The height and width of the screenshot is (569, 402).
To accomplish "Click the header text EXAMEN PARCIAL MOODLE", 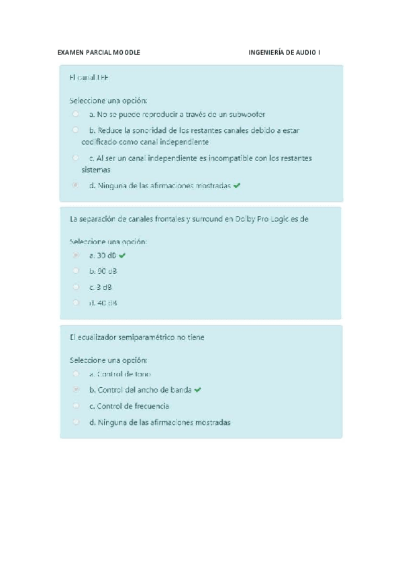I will pyautogui.click(x=99, y=52).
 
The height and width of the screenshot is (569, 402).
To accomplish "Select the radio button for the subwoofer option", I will pyautogui.click(x=76, y=114).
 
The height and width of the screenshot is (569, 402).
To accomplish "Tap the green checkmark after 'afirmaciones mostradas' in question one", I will pyautogui.click(x=237, y=185).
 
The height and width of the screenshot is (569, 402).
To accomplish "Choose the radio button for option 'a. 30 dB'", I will pyautogui.click(x=76, y=256).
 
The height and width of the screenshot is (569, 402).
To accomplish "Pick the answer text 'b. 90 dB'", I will pyautogui.click(x=103, y=271).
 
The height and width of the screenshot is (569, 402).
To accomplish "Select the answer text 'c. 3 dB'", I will pyautogui.click(x=101, y=287).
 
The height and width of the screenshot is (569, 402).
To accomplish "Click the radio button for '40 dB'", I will pyautogui.click(x=76, y=303).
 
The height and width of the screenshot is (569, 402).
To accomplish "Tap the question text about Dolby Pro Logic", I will pyautogui.click(x=189, y=219).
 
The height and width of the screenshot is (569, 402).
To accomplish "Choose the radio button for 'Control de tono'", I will pyautogui.click(x=76, y=374).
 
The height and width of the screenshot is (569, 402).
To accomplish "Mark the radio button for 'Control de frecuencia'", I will pyautogui.click(x=76, y=406).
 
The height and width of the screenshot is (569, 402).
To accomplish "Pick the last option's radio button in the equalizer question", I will pyautogui.click(x=76, y=422).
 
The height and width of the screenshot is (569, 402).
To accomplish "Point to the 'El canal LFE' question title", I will pyautogui.click(x=89, y=78).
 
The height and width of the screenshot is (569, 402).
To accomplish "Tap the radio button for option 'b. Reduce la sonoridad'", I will pyautogui.click(x=76, y=130).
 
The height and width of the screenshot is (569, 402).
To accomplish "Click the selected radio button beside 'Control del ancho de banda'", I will pyautogui.click(x=76, y=390).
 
